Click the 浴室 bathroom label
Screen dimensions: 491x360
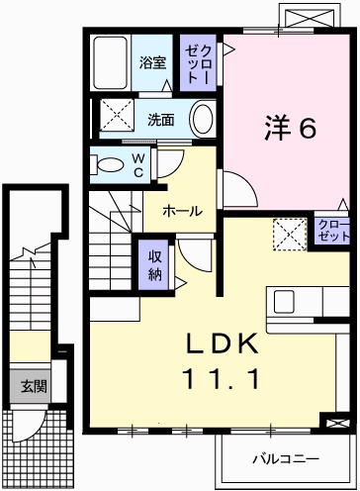click(152, 61)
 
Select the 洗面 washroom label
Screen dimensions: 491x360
click(161, 120)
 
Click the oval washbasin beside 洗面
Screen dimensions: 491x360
click(202, 120)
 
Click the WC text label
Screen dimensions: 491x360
click(138, 164)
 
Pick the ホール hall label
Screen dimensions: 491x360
click(183, 211)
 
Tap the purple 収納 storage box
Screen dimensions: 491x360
click(155, 264)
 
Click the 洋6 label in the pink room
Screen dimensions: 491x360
click(289, 128)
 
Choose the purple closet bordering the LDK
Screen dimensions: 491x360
click(334, 232)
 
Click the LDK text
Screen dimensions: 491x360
click(223, 344)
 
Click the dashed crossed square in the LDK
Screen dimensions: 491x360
click(288, 235)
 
